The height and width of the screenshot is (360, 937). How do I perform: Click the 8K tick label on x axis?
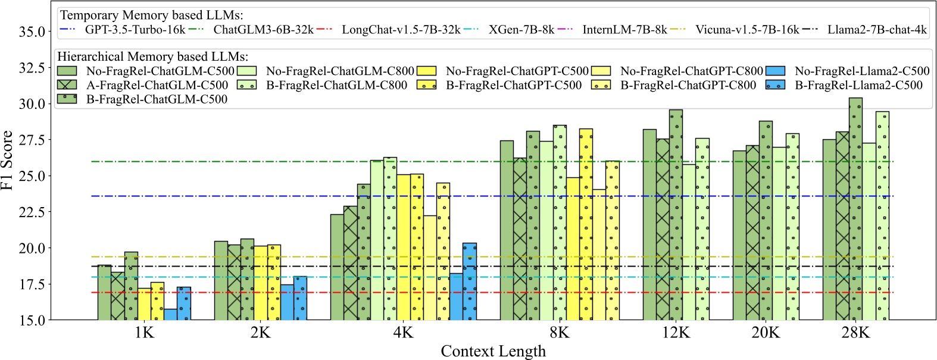pos(559,333)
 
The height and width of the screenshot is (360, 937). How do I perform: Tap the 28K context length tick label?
pos(855,333)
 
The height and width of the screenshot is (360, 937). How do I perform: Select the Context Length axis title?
pos(493,351)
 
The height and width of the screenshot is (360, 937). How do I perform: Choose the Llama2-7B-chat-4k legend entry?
pos(877,29)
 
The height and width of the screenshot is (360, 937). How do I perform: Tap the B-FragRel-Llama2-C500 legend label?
pos(858,85)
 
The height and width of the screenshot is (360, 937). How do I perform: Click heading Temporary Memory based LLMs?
pos(152,15)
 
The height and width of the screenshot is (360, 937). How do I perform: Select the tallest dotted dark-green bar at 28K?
pos(855,208)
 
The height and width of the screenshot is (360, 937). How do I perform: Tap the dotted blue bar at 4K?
pos(469,281)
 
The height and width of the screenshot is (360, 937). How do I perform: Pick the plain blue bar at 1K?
pos(170,314)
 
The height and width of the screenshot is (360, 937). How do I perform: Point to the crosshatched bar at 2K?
pos(235,282)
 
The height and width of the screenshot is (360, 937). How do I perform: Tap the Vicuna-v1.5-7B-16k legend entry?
pos(747,29)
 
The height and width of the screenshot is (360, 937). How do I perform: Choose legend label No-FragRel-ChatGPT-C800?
pos(691,71)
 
